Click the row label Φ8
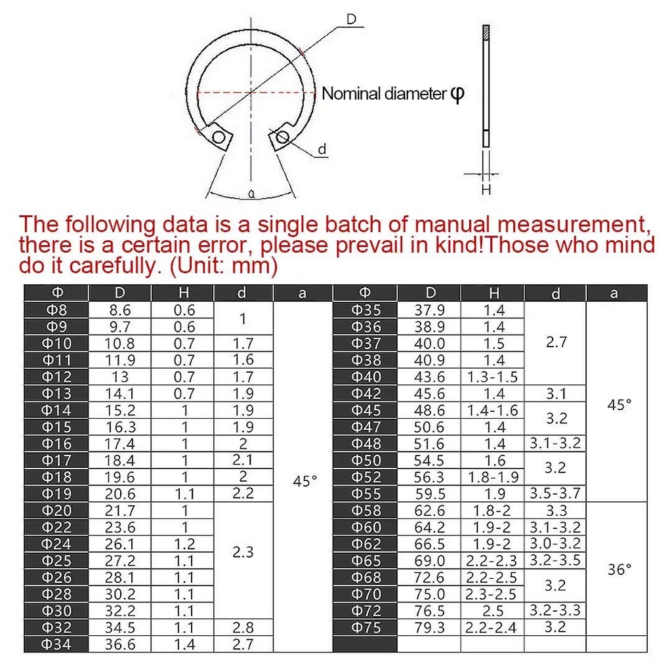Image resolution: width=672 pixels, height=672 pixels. tap(56, 310)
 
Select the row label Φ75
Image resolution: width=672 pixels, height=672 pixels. tap(366, 627)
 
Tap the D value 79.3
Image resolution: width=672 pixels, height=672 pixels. tap(430, 627)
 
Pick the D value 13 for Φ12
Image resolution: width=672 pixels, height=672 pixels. tap(120, 377)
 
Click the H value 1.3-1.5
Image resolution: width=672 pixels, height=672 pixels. tap(492, 377)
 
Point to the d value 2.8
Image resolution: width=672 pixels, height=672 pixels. tap(243, 627)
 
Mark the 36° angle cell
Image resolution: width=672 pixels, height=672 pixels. tap(619, 569)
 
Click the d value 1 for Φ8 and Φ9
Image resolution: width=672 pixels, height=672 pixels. tap(243, 319)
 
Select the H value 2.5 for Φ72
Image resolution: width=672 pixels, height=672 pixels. tap(492, 611)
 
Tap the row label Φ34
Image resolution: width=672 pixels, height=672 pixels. tap(56, 644)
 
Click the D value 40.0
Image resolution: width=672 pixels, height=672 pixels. tap(430, 343)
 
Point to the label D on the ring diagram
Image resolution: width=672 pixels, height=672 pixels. tap(351, 20)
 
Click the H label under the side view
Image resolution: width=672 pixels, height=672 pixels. tap(486, 190)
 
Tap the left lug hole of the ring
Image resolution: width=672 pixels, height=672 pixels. tap(219, 137)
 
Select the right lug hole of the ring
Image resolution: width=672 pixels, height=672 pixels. tap(283, 136)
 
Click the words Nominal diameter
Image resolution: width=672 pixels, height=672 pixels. tap(383, 94)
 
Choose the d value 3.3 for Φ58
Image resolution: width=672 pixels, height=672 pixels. tap(555, 511)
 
